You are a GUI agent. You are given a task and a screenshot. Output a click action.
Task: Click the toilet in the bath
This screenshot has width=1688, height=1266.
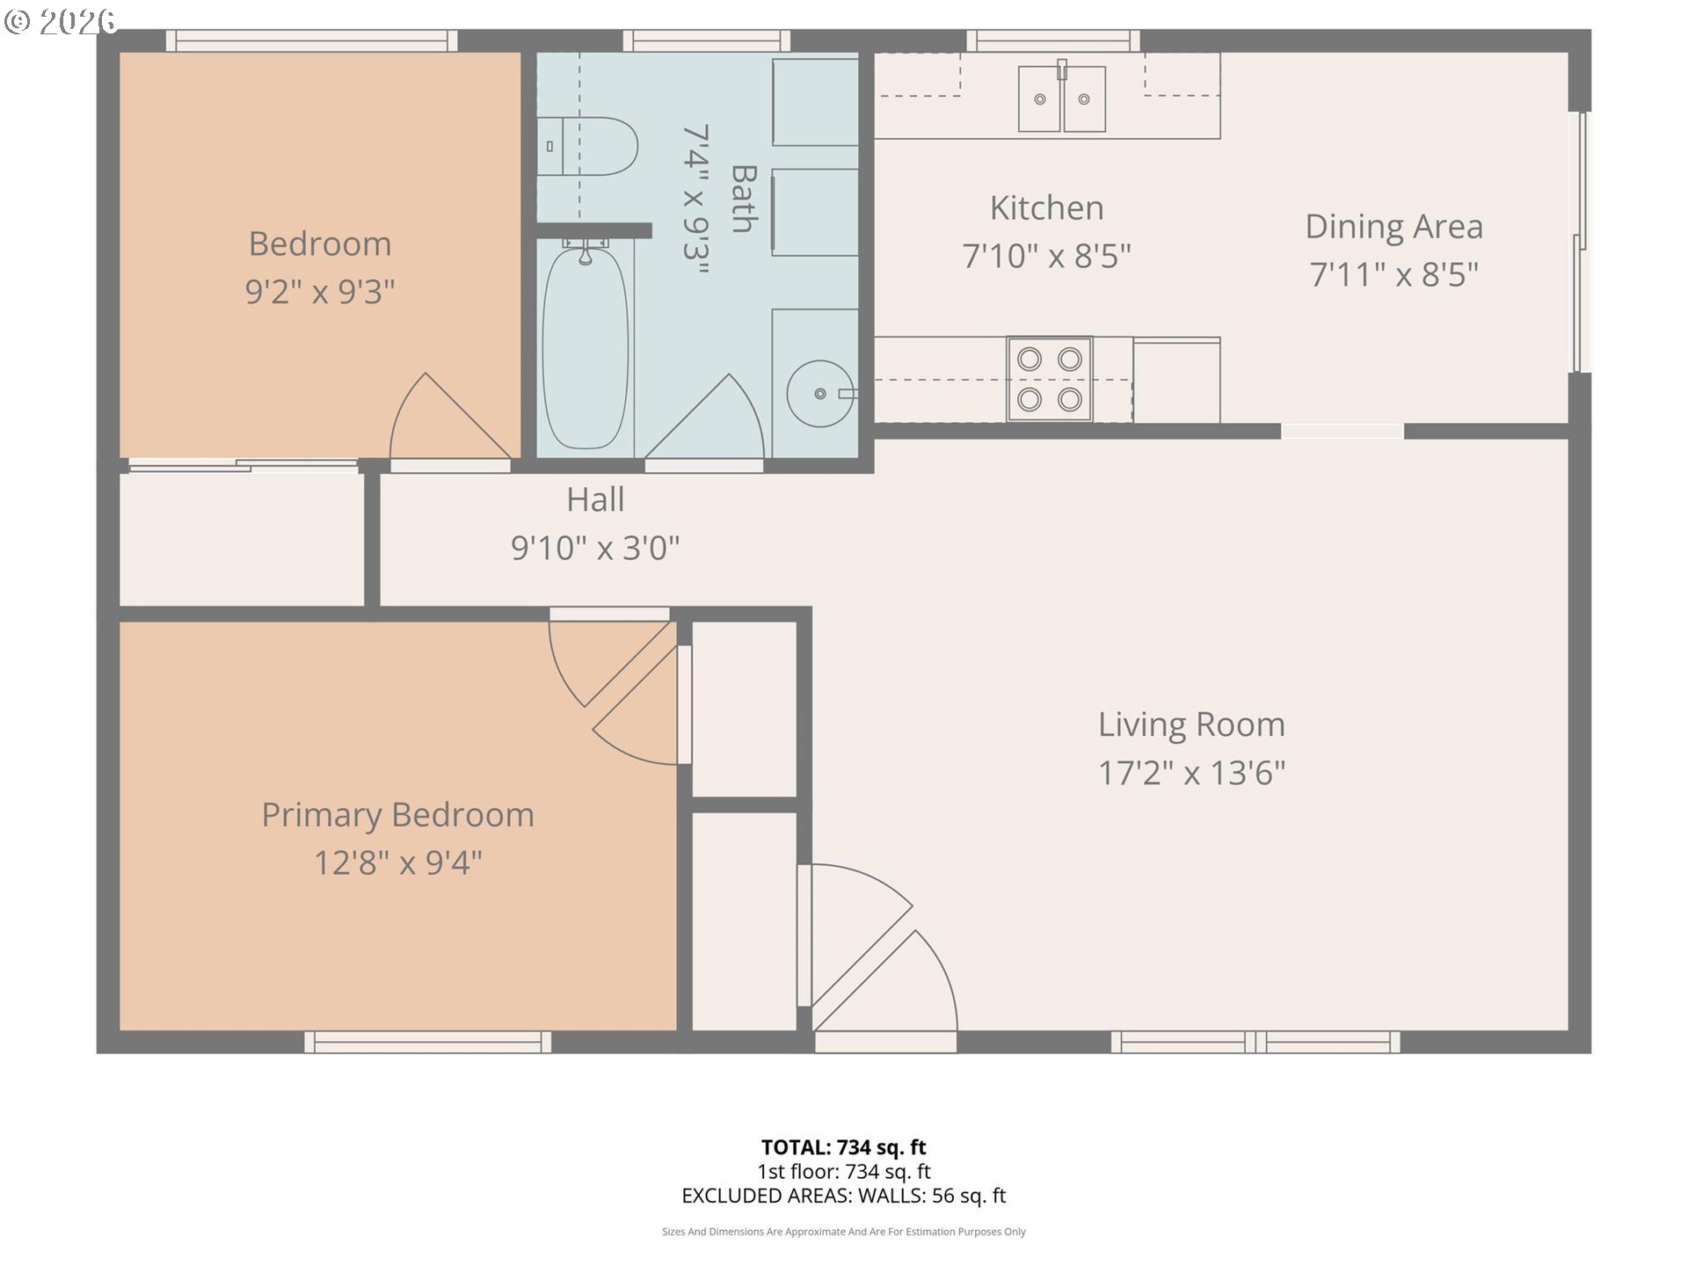coord(586,146)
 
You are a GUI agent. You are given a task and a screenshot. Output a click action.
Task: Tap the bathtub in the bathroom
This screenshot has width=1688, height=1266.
coord(586,347)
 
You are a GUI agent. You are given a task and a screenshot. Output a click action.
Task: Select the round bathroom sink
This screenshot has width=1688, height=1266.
coord(819,393)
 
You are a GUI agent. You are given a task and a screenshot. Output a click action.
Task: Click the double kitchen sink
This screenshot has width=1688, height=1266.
coord(1062,98)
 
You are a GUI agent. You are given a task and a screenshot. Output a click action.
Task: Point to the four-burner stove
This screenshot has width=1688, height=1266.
coord(1050,379)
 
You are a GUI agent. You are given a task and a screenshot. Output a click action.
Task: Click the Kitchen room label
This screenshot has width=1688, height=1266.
coord(1046,208)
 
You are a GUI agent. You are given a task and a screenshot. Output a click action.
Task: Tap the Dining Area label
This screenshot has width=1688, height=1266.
coord(1394,227)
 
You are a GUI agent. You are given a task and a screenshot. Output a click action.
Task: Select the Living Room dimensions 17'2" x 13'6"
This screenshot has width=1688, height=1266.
coord(1191,773)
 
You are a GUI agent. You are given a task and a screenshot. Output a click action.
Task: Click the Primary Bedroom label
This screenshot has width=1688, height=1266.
coord(397,815)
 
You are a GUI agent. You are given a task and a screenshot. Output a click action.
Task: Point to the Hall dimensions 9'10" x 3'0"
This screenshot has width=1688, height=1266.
coord(595,548)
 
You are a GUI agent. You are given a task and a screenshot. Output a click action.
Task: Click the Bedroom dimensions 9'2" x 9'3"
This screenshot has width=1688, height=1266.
coord(320,291)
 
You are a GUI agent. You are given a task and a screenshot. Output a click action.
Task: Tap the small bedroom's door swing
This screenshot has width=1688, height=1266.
coord(450,416)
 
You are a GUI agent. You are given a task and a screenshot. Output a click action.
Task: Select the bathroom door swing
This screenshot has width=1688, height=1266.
coord(704,416)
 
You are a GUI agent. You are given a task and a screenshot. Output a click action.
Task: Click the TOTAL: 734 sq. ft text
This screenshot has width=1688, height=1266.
coord(844,1147)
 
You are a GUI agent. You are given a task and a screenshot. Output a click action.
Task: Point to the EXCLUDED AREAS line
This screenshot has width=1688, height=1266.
coord(844,1196)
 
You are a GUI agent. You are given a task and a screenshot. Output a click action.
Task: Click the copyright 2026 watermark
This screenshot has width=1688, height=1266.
coord(60,21)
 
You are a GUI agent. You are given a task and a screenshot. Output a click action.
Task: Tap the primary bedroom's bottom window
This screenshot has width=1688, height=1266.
coord(428,1042)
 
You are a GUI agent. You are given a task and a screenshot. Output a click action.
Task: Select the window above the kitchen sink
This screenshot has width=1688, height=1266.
coord(1053,40)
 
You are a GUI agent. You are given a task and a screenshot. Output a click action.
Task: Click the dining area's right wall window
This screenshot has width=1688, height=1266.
coord(1581,242)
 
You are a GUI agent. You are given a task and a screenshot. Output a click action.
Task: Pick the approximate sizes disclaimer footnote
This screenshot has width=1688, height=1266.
coord(844,1232)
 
